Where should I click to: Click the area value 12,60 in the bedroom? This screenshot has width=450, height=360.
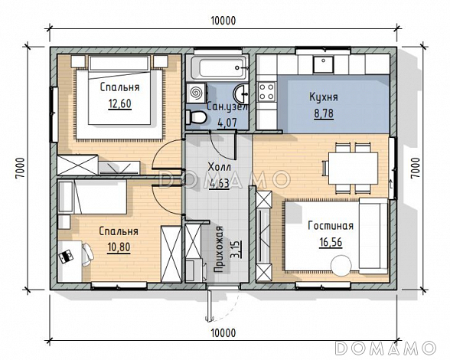(120, 103)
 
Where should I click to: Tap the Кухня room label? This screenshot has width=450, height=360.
(324, 97)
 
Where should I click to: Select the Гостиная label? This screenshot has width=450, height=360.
(331, 225)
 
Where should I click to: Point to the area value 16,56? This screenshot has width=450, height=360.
(331, 242)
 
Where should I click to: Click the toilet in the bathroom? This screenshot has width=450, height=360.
(196, 117)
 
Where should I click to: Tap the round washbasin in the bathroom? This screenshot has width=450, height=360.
(242, 93)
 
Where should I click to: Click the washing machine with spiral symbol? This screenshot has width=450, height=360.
(196, 93)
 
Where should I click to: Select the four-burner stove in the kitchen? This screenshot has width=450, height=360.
(267, 91)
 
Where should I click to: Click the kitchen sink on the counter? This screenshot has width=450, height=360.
(324, 64)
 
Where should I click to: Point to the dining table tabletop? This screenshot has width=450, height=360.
(353, 168)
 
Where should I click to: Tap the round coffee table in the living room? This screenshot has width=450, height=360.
(341, 266)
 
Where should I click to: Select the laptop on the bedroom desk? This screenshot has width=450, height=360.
(66, 257)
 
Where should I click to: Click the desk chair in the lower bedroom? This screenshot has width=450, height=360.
(87, 255)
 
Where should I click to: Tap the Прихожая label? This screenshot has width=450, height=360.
(219, 249)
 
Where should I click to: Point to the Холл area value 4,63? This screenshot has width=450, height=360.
(220, 183)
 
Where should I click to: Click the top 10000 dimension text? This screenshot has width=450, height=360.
(223, 21)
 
